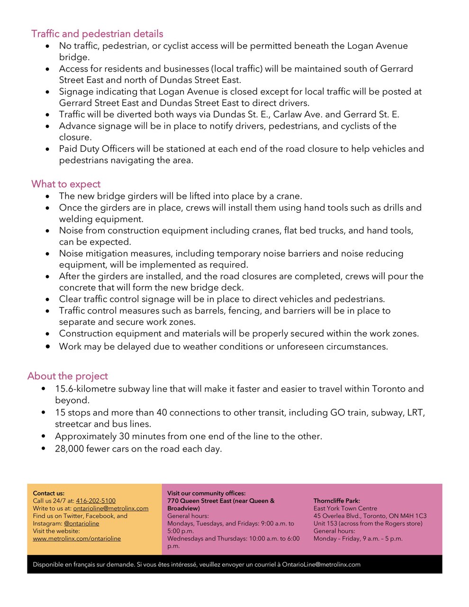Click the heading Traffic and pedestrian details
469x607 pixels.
tap(97, 34)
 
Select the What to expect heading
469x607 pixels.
tap(66, 184)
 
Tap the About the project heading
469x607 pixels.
tap(67, 376)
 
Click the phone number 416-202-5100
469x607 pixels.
tap(96, 501)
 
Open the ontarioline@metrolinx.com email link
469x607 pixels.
tap(110, 508)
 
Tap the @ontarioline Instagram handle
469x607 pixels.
tap(81, 524)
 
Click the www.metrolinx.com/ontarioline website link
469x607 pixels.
tap(77, 539)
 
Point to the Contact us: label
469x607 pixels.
tap(49, 493)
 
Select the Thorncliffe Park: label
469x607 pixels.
tap(336, 501)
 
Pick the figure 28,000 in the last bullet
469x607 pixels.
tap(69, 449)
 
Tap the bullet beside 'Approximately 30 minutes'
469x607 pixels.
tap(44, 436)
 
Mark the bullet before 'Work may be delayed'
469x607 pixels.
tap(48, 347)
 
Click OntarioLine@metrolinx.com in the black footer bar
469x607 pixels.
tap(321, 564)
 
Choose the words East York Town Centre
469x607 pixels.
tap(345, 508)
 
